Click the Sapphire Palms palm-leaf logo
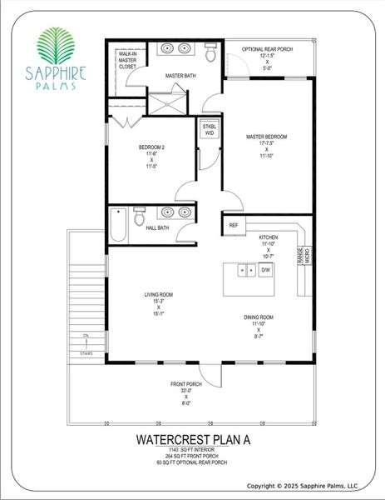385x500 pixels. coord(59,47)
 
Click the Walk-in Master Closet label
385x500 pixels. coord(127,62)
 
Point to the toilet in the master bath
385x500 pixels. coord(210,54)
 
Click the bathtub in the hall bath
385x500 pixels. coord(118,224)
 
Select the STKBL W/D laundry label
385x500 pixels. coord(209,129)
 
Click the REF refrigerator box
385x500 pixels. coord(234,225)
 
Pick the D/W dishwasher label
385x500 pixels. coord(266,270)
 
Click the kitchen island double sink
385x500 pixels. coord(246,270)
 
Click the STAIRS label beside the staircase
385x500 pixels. coord(86,353)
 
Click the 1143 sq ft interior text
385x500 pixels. coord(191,450)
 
